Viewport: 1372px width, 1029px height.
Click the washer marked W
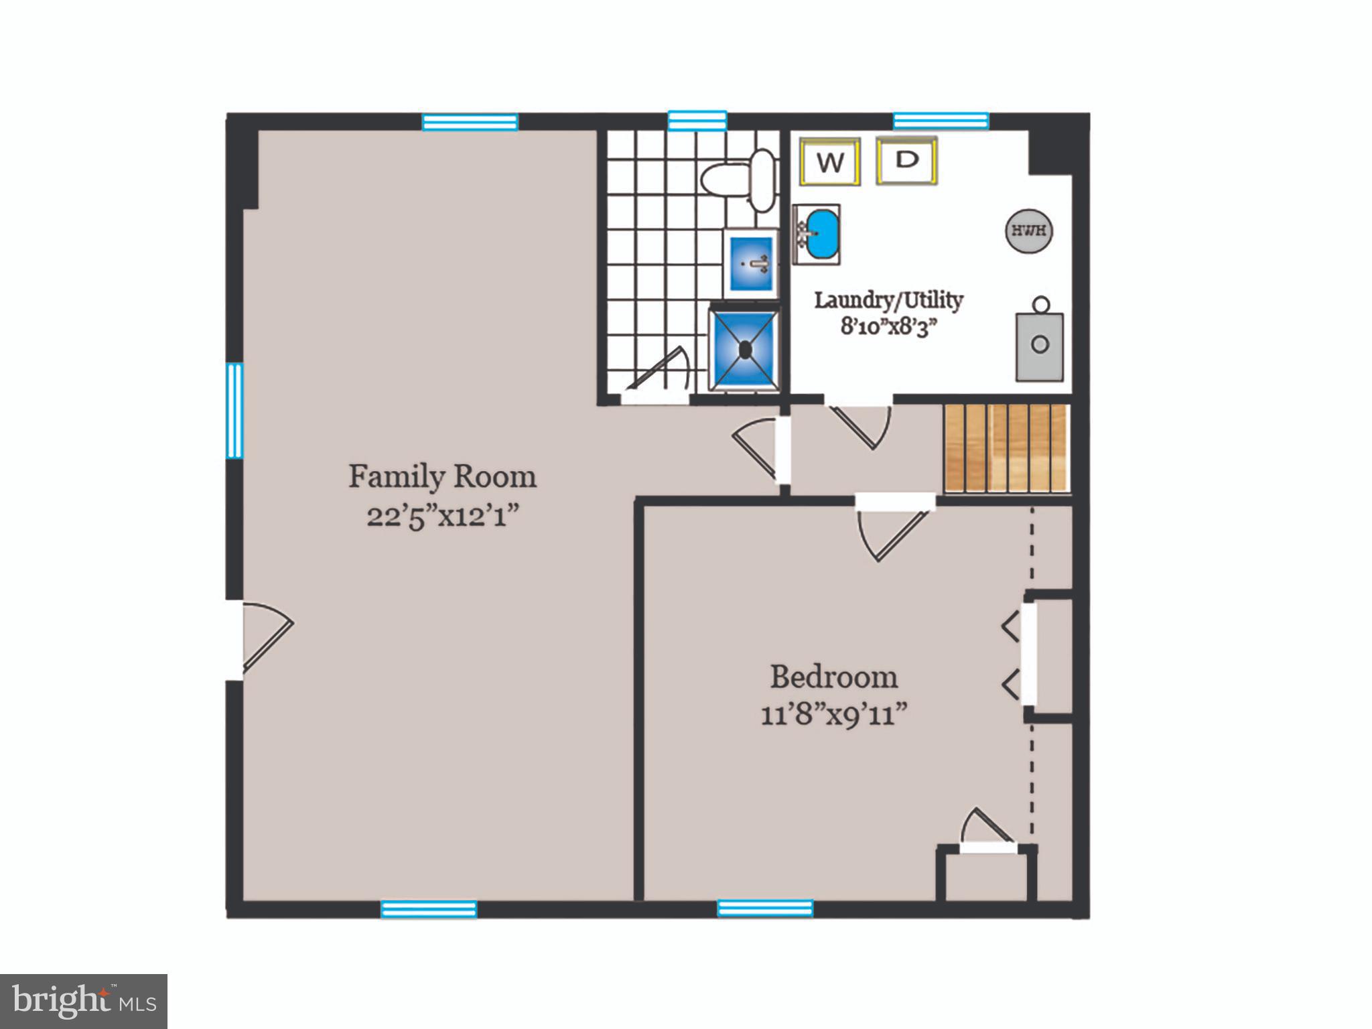(829, 162)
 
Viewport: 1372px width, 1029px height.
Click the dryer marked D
(906, 161)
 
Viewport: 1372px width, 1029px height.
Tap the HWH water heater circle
(1028, 231)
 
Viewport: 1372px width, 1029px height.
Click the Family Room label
(442, 477)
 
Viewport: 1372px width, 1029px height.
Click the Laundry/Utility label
(888, 299)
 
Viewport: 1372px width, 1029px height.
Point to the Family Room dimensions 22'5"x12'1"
(443, 517)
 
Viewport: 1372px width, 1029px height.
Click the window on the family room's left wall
(234, 410)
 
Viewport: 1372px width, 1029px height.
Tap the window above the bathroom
(697, 121)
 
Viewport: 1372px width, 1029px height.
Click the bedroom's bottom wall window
(765, 908)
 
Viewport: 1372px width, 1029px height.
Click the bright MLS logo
(84, 1002)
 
